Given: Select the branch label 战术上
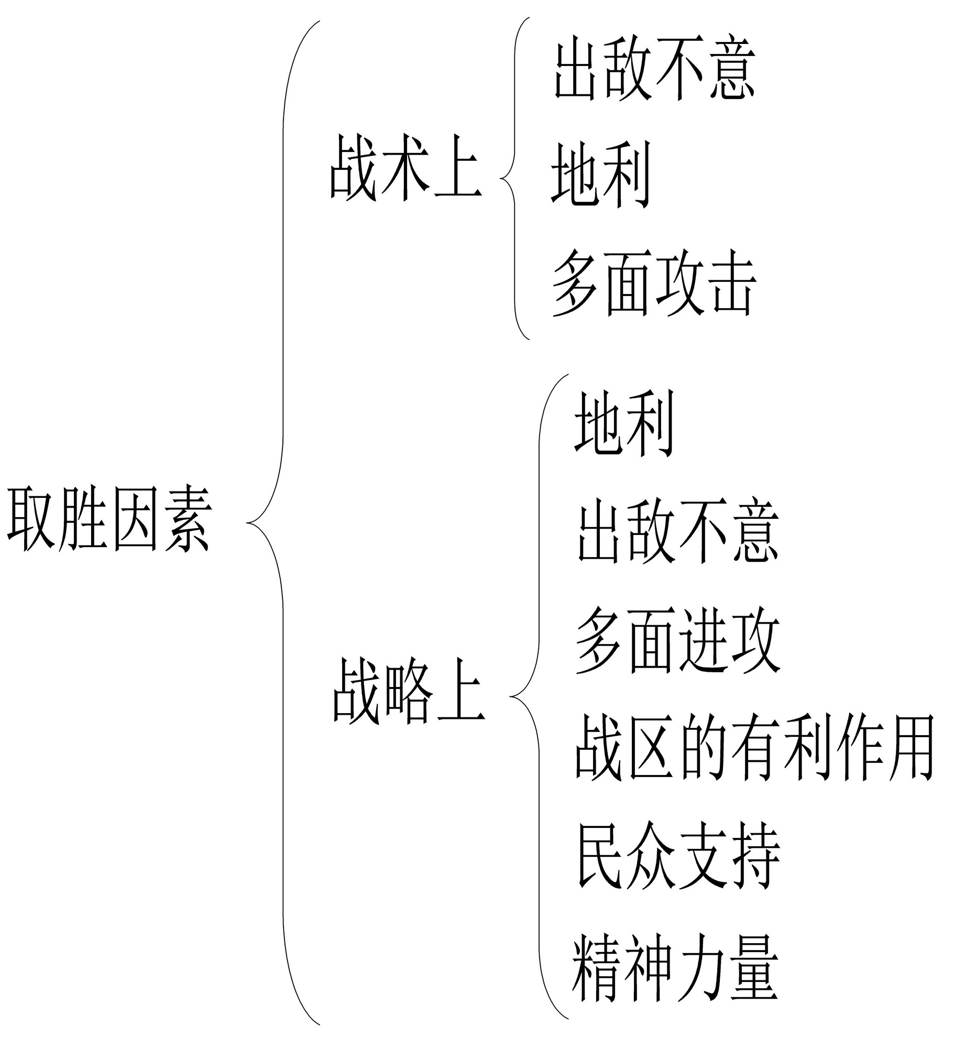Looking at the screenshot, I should pyautogui.click(x=405, y=167).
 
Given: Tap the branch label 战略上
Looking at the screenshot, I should pyautogui.click(x=408, y=691).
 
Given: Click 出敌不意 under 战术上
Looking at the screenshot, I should pyautogui.click(x=654, y=71).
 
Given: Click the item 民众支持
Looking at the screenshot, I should pyautogui.click(x=678, y=856).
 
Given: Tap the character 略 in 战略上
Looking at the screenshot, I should pyautogui.click(x=409, y=691).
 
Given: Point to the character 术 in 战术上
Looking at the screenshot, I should pyautogui.click(x=405, y=167).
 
